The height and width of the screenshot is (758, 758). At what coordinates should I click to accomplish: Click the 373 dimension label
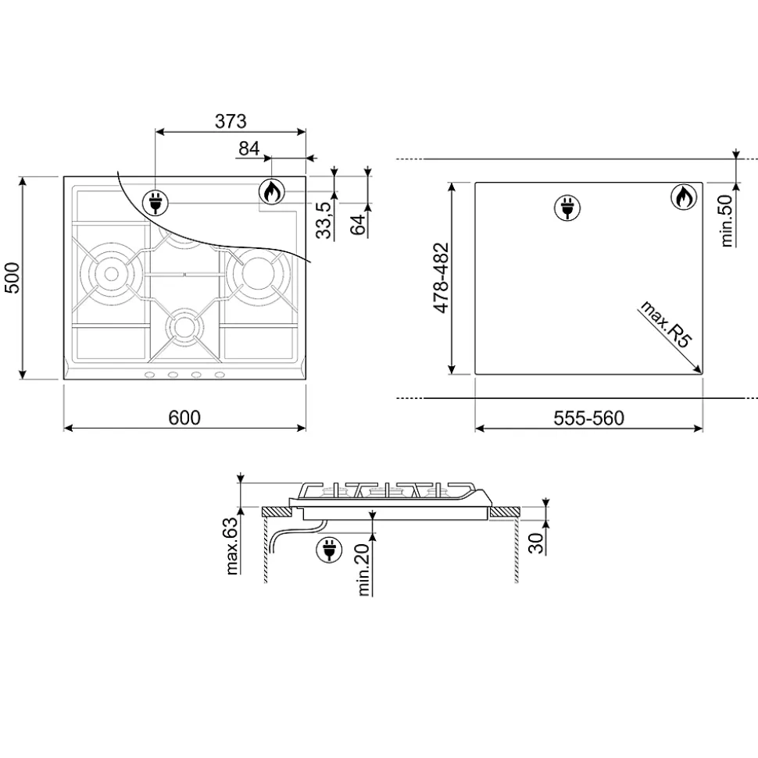pyautogui.click(x=231, y=121)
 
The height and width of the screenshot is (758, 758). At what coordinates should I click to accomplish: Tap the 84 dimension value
pyautogui.click(x=248, y=148)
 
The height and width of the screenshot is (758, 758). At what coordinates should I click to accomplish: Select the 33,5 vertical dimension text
pyautogui.click(x=324, y=220)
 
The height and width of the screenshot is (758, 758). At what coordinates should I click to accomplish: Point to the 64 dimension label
pyautogui.click(x=358, y=225)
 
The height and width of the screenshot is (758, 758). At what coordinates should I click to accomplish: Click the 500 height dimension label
pyautogui.click(x=12, y=277)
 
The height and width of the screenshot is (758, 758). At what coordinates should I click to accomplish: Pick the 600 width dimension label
pyautogui.click(x=184, y=417)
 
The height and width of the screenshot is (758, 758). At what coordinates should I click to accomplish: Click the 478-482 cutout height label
pyautogui.click(x=441, y=277)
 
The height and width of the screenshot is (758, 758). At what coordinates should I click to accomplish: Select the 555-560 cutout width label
pyautogui.click(x=588, y=418)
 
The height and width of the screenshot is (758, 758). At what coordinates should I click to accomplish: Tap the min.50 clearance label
pyautogui.click(x=726, y=220)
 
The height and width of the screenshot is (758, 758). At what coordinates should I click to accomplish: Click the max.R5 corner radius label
pyautogui.click(x=666, y=324)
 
